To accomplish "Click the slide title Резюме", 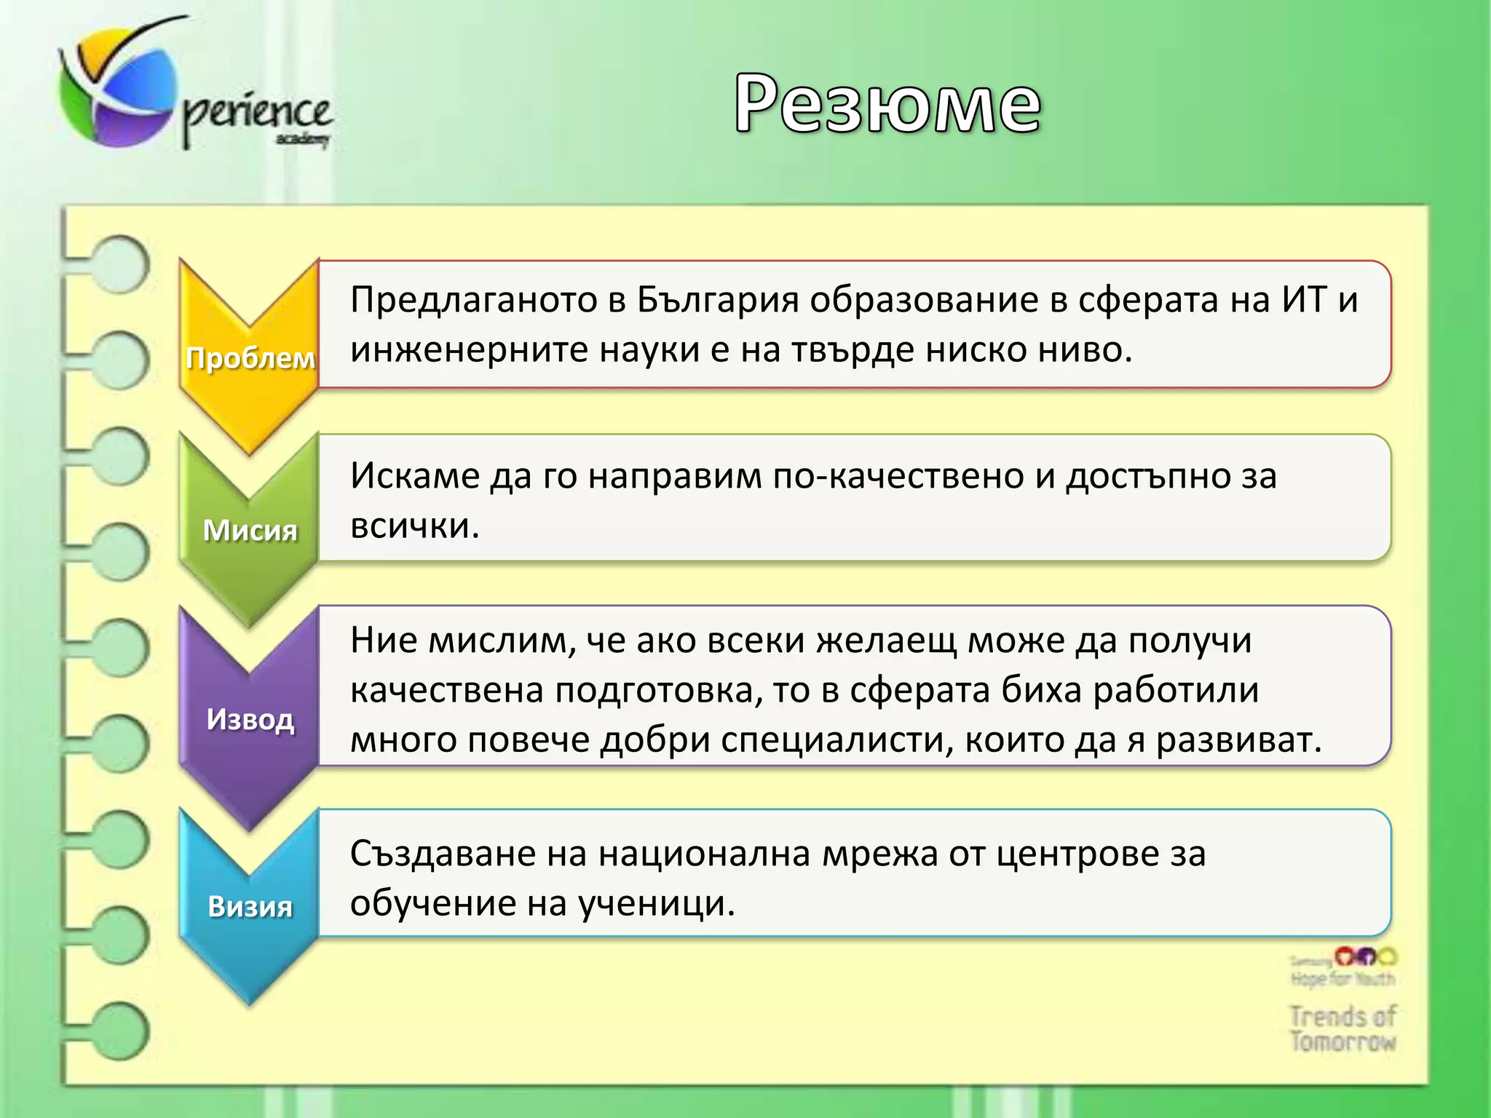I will coord(887,104).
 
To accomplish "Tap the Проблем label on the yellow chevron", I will coord(250,358).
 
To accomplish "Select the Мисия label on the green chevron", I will coord(250,530).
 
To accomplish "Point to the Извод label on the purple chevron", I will coord(250,719).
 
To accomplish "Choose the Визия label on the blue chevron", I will coord(250,907).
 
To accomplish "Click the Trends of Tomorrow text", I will coord(1342,1028).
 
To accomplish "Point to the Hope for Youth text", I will coord(1342,979).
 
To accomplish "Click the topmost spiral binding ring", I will coord(120,263).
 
